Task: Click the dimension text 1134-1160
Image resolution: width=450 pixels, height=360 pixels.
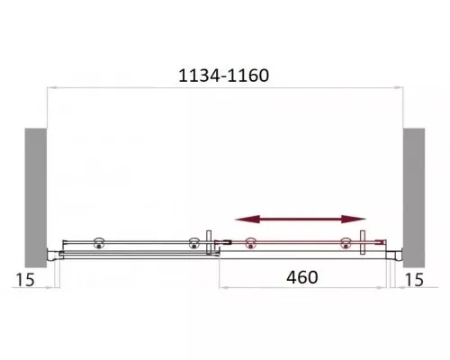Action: (224, 76)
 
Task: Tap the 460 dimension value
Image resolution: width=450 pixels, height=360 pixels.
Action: (302, 277)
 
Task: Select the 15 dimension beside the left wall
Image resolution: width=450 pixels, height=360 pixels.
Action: (25, 280)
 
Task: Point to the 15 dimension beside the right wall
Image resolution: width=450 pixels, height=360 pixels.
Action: (414, 280)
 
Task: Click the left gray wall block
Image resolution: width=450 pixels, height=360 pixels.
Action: (36, 198)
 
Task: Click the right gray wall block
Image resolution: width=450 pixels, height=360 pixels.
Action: (414, 198)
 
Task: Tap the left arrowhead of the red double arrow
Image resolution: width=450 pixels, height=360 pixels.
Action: (247, 220)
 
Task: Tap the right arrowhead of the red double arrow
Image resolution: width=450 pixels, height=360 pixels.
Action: (354, 220)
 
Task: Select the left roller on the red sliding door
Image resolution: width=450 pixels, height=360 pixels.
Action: (250, 242)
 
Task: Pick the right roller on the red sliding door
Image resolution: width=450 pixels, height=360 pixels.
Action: (346, 242)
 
